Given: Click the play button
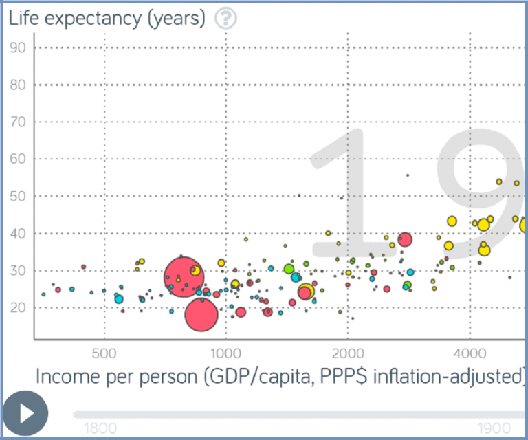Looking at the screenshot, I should [x=25, y=414].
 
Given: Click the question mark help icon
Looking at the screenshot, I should [x=225, y=19].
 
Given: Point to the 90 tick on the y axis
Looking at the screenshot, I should [x=19, y=47].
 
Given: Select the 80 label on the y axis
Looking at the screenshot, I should [x=19, y=85].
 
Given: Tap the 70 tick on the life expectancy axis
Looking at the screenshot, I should [x=19, y=122].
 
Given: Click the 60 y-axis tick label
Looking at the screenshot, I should [x=19, y=159].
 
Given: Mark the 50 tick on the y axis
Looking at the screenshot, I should [x=19, y=196].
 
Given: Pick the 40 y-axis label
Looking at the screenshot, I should [x=19, y=233].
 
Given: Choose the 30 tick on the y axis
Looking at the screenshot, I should [x=19, y=270].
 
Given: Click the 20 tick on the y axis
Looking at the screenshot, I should [x=19, y=307].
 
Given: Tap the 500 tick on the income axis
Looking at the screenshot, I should [x=104, y=355].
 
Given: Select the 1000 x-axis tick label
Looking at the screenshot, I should [x=225, y=355].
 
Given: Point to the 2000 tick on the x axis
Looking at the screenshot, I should [x=347, y=355].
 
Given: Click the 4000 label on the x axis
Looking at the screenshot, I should [x=470, y=355].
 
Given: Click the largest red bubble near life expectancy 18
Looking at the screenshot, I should [x=201, y=314].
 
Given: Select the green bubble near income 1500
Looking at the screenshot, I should [x=289, y=268].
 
